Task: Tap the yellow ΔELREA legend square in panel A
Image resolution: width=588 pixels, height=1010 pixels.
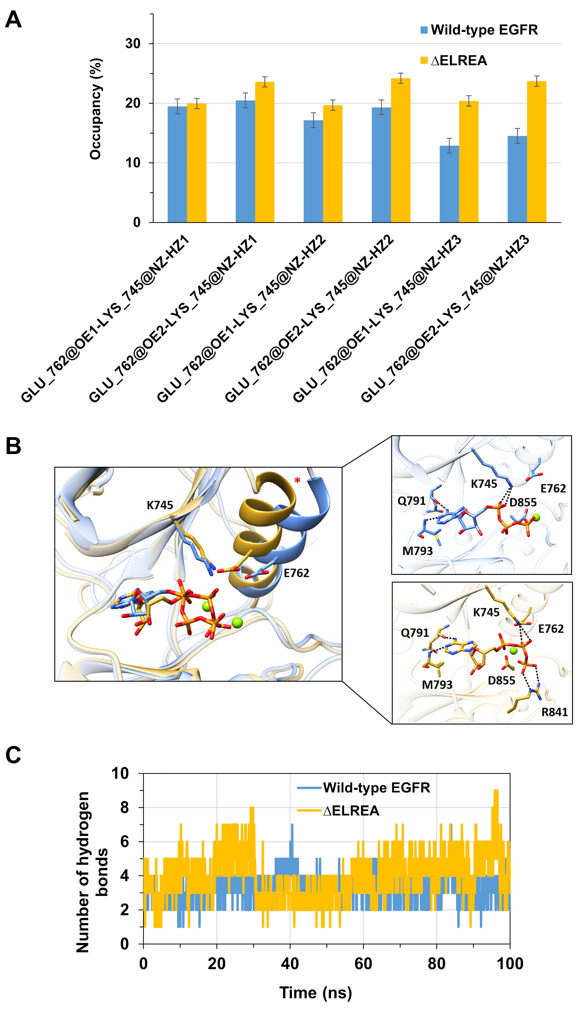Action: tap(424, 60)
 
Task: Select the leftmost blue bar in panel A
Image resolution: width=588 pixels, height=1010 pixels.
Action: tap(177, 164)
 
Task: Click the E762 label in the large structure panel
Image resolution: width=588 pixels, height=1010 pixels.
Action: tap(296, 573)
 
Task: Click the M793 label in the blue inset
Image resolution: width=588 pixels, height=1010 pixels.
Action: tap(417, 551)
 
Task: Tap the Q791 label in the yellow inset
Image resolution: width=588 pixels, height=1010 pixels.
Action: tap(415, 633)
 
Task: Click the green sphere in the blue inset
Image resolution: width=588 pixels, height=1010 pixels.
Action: tap(536, 518)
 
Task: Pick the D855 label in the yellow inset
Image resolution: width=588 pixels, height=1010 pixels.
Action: tap(501, 681)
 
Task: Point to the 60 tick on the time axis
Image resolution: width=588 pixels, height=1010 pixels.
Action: tap(363, 964)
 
